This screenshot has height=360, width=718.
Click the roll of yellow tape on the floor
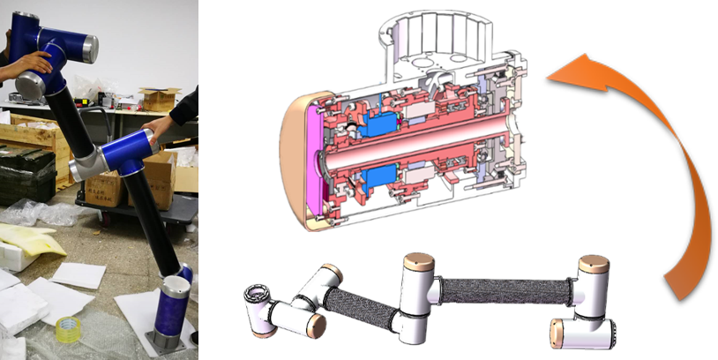click(x=68, y=329)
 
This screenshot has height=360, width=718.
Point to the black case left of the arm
click(x=26, y=172)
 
